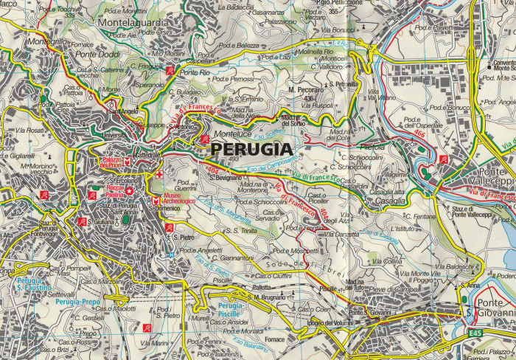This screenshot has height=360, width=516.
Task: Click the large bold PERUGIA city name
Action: coord(252,148)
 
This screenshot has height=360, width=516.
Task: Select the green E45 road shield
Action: coord(475,333)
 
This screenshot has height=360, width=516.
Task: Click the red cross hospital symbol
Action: coord(159,175)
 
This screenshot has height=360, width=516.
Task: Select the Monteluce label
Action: coord(233,135)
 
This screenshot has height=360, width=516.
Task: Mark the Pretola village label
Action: coord(372,146)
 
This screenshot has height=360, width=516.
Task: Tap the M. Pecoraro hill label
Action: coord(301,90)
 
